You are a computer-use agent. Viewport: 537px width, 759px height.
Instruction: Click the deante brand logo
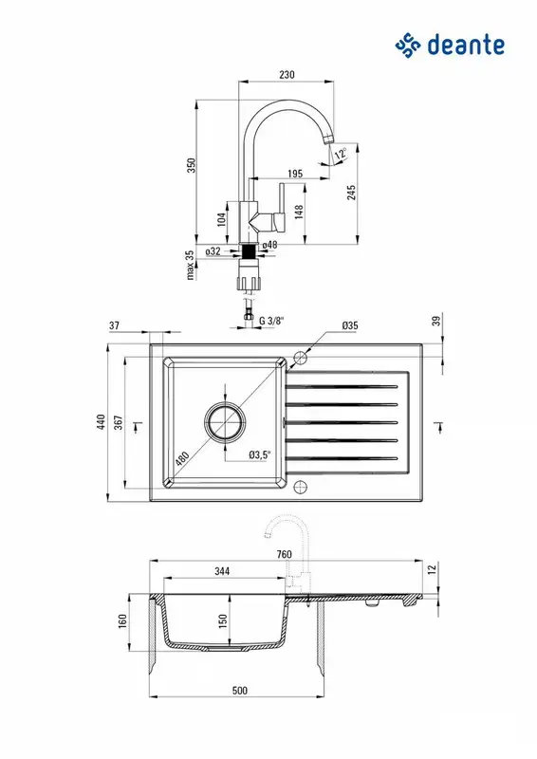pos(450,45)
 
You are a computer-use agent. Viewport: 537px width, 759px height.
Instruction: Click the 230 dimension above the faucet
pos(287,75)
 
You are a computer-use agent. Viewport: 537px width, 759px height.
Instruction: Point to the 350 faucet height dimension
pos(192,165)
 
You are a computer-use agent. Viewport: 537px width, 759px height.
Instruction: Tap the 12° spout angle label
pos(341,154)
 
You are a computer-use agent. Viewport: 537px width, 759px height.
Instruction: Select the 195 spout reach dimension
pos(295,174)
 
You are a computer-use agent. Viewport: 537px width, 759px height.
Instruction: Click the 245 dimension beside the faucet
pos(351,192)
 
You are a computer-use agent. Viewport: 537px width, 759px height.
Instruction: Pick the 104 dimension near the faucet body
pos(221,219)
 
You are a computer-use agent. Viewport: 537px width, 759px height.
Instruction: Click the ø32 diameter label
pos(213,251)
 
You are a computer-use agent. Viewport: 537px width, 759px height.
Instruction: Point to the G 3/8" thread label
pos(271,321)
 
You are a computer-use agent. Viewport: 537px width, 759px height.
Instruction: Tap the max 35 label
pos(190,265)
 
